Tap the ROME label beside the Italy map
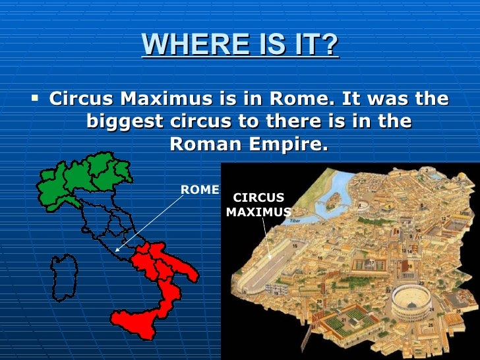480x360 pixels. [200, 190]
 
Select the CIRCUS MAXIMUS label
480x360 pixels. [258, 205]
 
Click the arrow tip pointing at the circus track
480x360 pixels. [270, 257]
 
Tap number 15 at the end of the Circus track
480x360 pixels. [295, 245]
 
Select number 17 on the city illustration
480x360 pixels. [372, 263]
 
